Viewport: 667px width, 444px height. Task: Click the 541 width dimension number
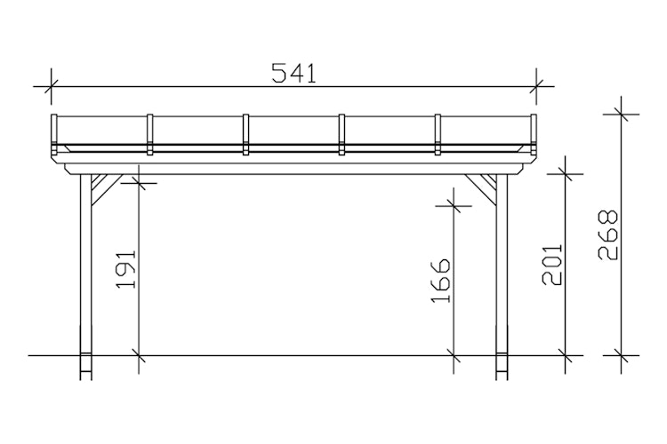click(x=294, y=74)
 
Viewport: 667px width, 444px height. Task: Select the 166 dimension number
click(x=441, y=281)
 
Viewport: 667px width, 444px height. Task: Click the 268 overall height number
click(x=608, y=235)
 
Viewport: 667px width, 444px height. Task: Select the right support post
click(x=501, y=266)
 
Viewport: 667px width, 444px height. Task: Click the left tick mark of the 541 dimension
click(x=50, y=87)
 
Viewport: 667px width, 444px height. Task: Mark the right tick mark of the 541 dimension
click(x=535, y=87)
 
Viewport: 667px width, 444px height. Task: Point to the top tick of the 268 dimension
click(x=620, y=114)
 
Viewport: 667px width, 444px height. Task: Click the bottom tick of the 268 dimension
click(x=620, y=355)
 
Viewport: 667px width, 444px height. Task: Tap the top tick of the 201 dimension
click(x=566, y=174)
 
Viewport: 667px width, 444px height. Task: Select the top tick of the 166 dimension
click(x=454, y=206)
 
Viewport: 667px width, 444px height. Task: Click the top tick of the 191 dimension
click(x=139, y=183)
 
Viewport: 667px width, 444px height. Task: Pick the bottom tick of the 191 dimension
click(x=139, y=355)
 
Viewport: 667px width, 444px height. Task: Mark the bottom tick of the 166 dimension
click(x=454, y=355)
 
